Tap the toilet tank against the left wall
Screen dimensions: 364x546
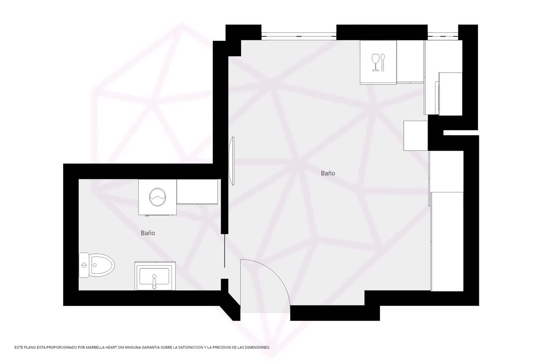[84, 265]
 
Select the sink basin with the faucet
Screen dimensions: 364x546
[155, 276]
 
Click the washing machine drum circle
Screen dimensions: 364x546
[157, 197]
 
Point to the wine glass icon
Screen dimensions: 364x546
[375, 62]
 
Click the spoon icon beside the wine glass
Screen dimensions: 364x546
[383, 62]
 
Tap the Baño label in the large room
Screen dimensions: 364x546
[328, 173]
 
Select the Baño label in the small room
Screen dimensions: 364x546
[148, 233]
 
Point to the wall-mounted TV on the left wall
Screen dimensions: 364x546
[233, 161]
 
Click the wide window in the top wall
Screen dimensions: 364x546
[299, 34]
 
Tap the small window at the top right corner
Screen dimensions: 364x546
[443, 34]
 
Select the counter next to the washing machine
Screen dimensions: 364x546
[197, 192]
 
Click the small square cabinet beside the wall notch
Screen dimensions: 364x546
[415, 136]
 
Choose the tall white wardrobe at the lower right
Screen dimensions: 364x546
[447, 241]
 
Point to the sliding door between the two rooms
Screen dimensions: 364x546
[225, 251]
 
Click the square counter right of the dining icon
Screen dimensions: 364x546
[410, 62]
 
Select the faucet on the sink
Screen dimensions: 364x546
[154, 282]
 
